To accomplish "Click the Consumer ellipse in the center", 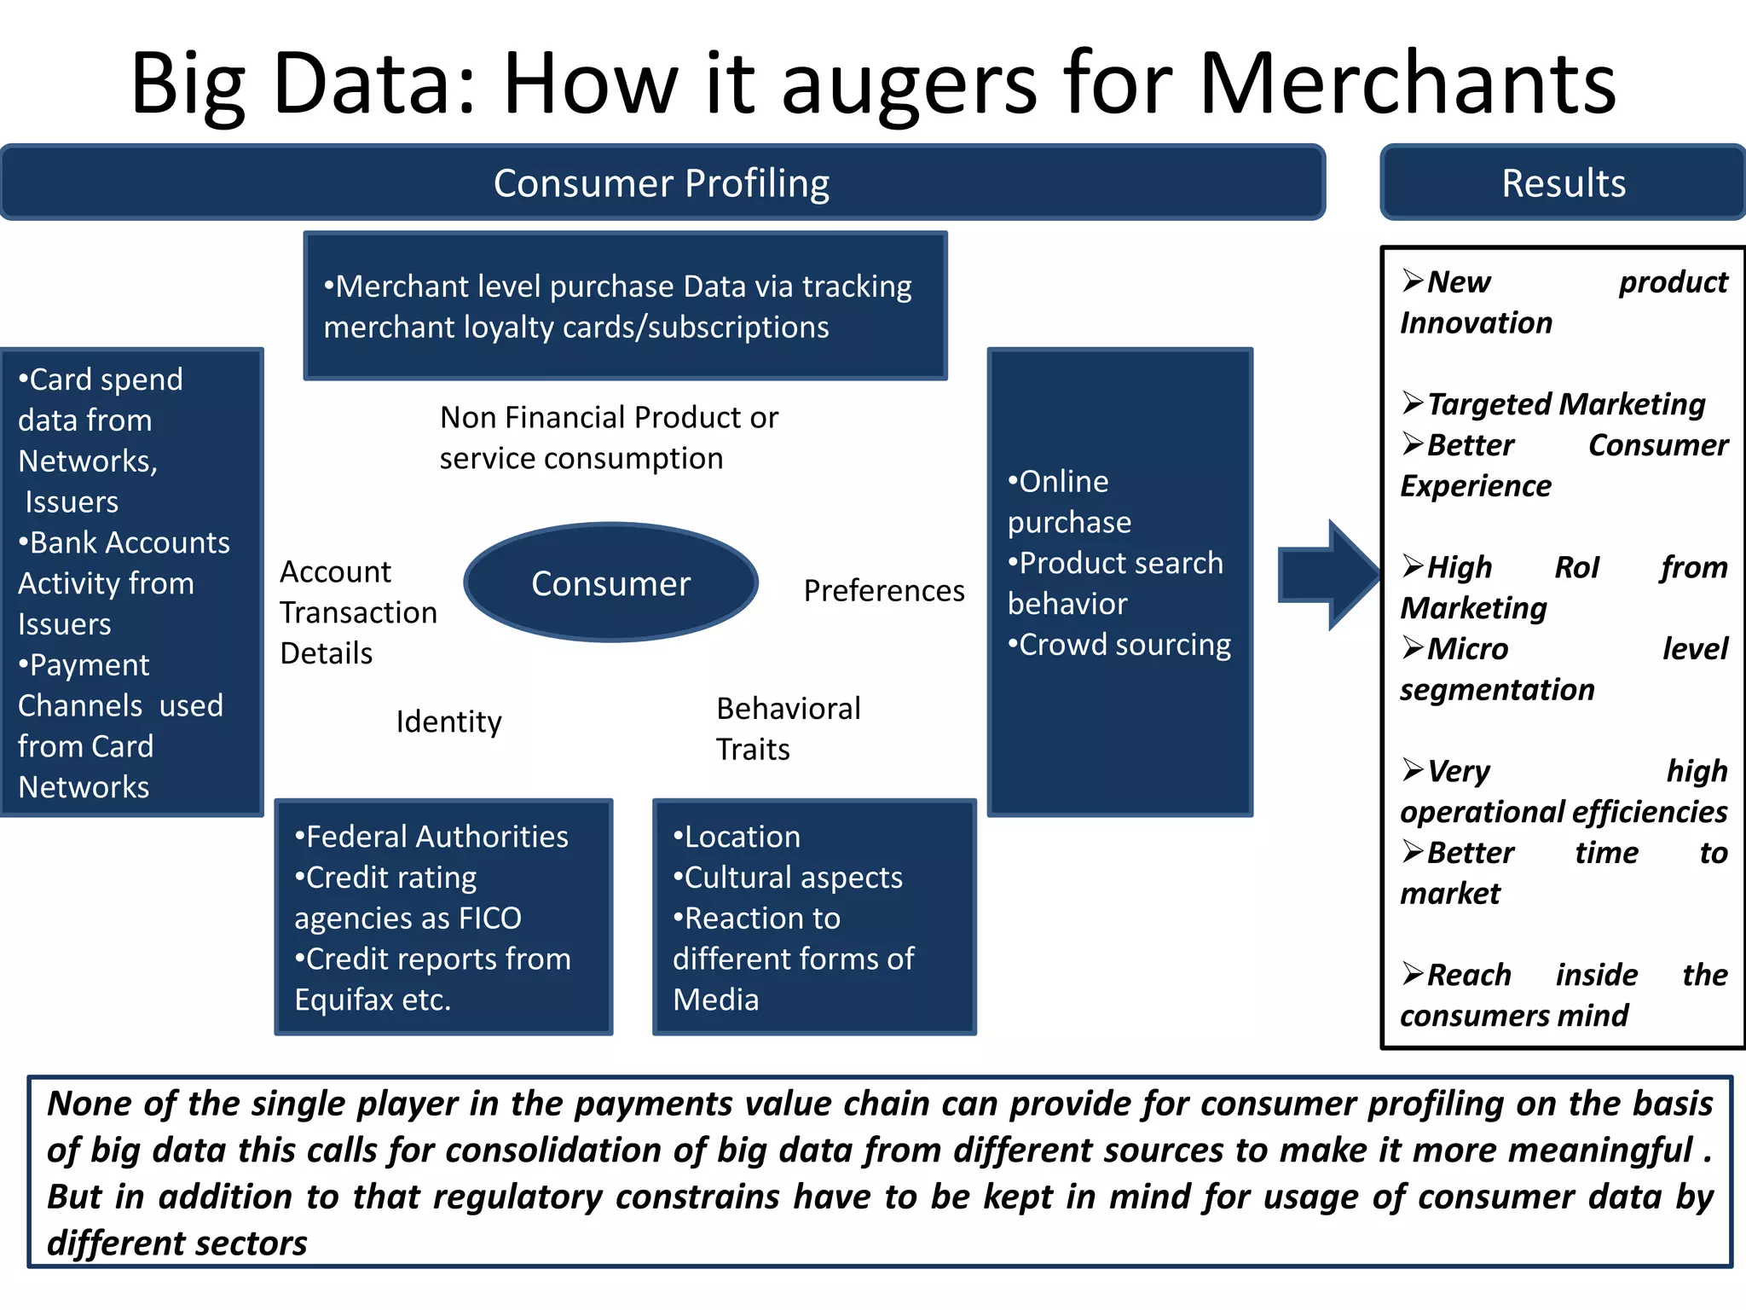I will point(610,583).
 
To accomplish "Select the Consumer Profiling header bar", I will point(662,183).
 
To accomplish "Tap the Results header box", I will point(1563,183).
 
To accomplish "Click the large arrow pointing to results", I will point(1327,576).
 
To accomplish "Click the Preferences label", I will point(883,590).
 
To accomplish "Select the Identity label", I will point(448,722).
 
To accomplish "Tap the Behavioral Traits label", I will point(787,728).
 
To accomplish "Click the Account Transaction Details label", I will point(357,612).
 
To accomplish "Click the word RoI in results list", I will point(1576,567).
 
